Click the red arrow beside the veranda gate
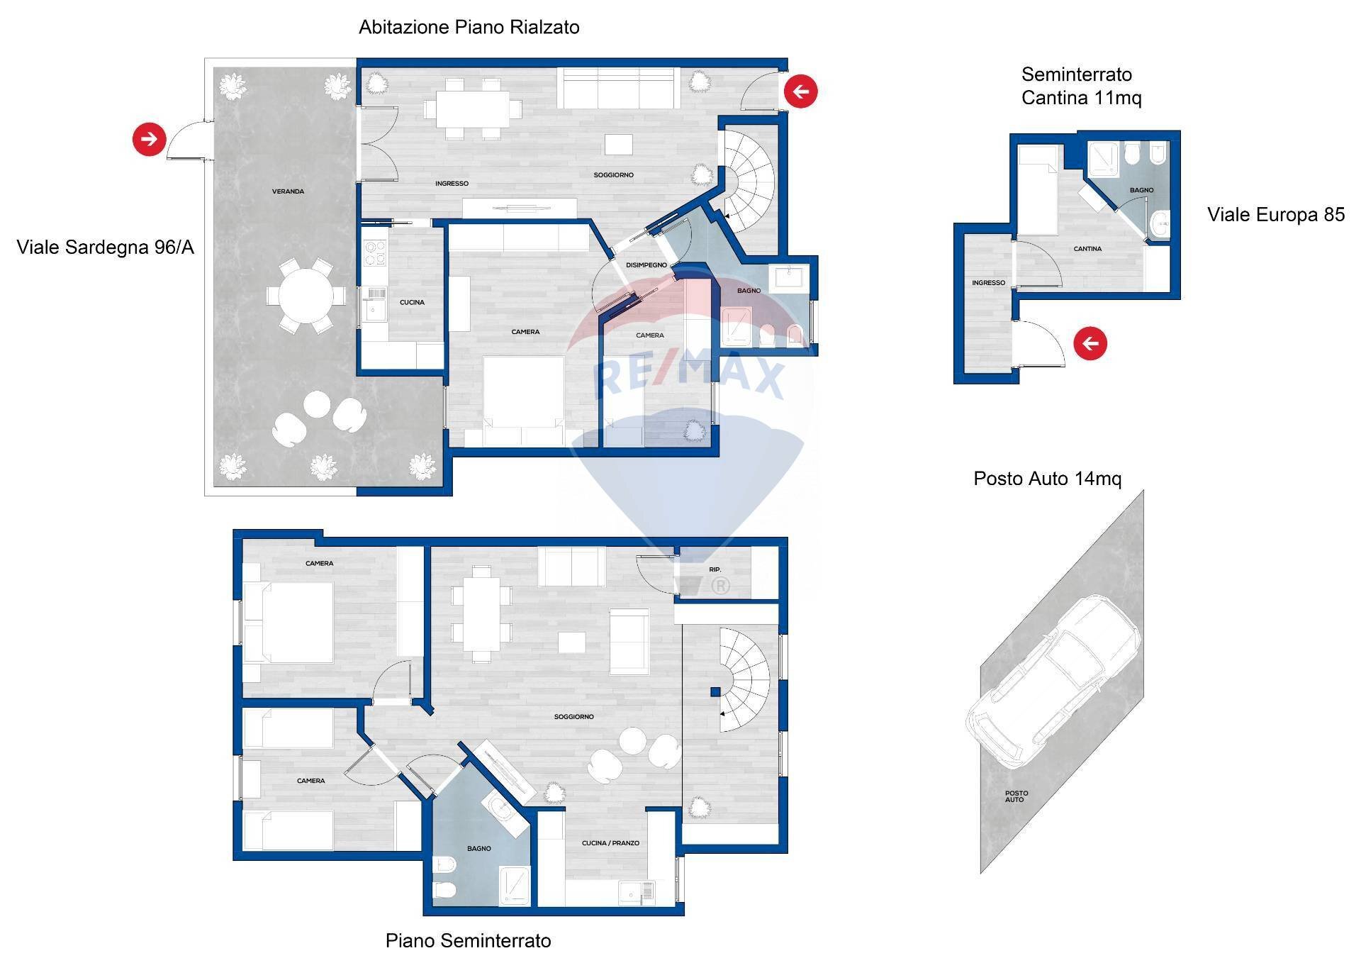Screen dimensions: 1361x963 [149, 139]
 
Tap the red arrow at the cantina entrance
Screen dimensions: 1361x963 [1090, 344]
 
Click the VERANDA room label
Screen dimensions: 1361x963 [289, 191]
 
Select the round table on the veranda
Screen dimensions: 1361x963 [306, 296]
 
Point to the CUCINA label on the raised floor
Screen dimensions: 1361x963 [412, 303]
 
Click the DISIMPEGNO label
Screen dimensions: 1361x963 [646, 265]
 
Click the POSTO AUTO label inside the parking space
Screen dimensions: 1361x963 [1016, 796]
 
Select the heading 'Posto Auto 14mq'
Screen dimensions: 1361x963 [1048, 479]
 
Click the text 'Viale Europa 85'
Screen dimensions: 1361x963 [1276, 215]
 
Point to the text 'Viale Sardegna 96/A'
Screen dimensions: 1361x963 [106, 247]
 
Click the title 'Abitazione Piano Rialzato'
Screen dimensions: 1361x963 [469, 28]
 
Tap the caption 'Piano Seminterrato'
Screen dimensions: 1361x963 [469, 941]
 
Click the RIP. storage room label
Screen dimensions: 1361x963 [715, 570]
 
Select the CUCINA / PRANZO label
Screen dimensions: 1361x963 [611, 843]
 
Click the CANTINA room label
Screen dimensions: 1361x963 [1087, 249]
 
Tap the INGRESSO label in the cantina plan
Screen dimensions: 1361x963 [989, 283]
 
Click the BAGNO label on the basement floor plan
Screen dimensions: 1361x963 [479, 849]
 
